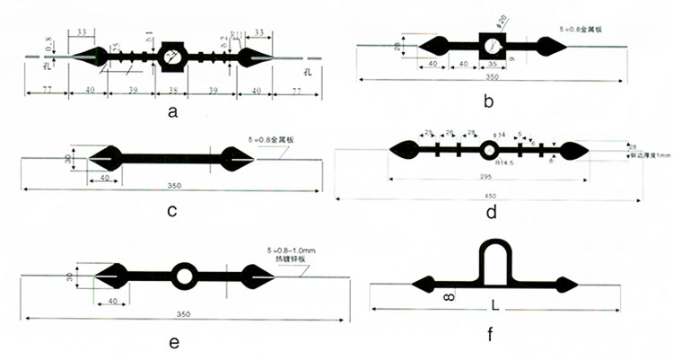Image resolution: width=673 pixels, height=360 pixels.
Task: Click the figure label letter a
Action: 173,111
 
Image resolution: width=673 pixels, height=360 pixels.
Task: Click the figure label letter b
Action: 488,101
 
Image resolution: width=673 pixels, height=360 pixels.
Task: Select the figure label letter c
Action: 171,212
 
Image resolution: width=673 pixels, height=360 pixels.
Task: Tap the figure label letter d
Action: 490,213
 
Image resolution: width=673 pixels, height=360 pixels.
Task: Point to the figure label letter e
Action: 174,342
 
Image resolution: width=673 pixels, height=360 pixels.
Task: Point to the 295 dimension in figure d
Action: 485,179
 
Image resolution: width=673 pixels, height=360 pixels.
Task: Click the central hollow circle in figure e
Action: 185,276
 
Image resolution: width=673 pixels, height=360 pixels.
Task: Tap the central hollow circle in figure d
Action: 489,149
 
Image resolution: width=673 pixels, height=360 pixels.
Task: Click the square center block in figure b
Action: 493,46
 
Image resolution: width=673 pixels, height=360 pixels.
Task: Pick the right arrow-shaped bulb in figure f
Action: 564,285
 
